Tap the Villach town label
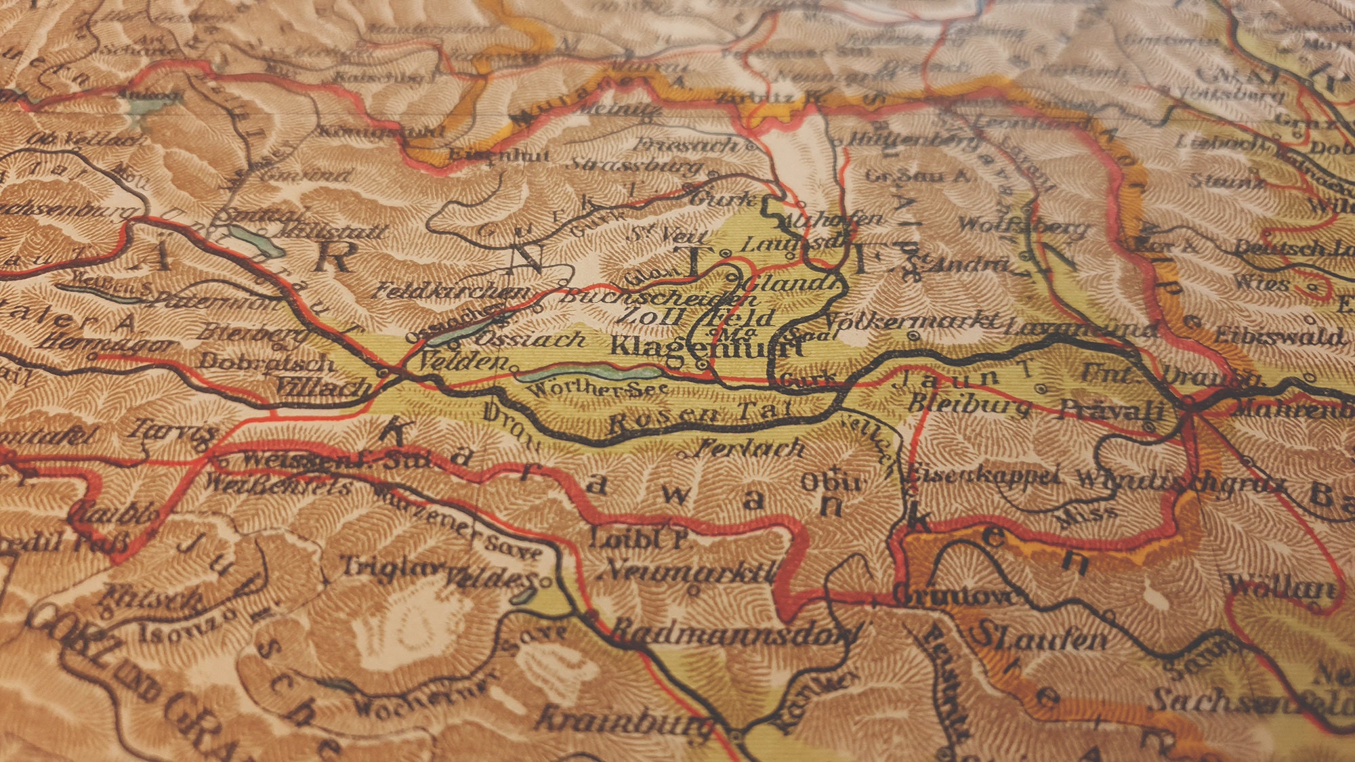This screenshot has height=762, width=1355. point(324,387)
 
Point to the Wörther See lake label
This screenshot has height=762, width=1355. point(596,389)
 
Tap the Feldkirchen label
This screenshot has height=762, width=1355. point(451,291)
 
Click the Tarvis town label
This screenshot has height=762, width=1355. point(173,430)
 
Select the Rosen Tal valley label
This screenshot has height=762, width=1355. point(698,418)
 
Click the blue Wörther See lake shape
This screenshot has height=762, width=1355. point(589,373)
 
